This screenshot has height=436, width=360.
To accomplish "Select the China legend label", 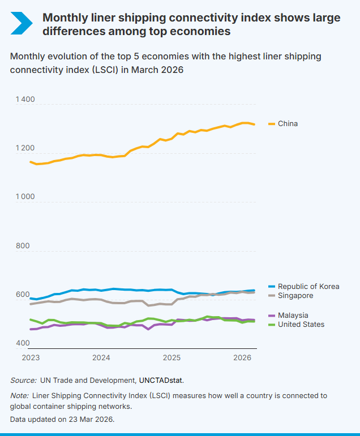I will (288, 123).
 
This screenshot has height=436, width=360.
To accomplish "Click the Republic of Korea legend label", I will (308, 286).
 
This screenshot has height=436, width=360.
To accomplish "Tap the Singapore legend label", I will (295, 295).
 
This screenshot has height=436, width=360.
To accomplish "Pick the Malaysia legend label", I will (293, 315).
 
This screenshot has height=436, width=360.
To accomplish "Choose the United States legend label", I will (301, 324).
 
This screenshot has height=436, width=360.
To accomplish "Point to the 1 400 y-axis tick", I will (25, 100).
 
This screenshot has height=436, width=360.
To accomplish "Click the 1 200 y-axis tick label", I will (25, 148).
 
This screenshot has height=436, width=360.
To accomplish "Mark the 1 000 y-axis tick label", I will (25, 197).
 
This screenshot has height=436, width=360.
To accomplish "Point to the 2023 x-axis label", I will (31, 357).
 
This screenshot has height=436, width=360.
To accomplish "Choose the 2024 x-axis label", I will (101, 357).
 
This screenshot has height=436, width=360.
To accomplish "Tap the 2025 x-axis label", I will (172, 357).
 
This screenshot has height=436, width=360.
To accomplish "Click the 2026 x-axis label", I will (242, 357).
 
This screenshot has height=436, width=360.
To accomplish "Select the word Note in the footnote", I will (20, 396).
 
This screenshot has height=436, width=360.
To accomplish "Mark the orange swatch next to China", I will (271, 124).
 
